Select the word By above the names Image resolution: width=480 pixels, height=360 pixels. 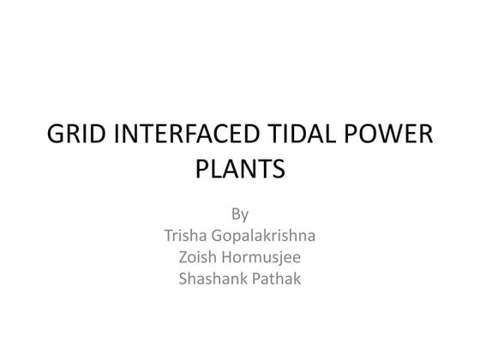(240, 212)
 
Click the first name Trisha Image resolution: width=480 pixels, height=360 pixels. (182, 234)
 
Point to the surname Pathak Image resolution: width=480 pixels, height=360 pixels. (278, 279)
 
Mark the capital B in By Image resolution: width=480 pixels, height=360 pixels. (236, 211)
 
